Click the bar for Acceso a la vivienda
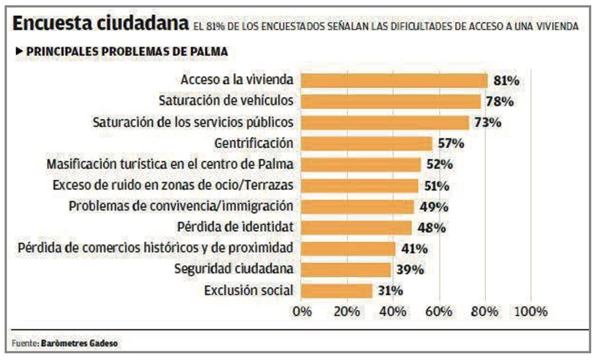click(x=395, y=80)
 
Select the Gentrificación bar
click(x=367, y=143)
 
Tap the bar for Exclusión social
click(x=337, y=290)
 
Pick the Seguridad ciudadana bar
click(x=346, y=269)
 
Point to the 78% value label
click(x=500, y=102)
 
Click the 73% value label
click(x=488, y=123)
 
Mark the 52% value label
click(x=439, y=165)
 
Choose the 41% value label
click(x=414, y=248)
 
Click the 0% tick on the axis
click(x=302, y=312)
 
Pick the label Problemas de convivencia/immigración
click(x=181, y=206)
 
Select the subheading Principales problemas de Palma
click(x=127, y=51)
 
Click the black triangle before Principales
click(x=19, y=51)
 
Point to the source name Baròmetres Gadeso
click(x=82, y=343)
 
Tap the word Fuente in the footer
click(x=25, y=343)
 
